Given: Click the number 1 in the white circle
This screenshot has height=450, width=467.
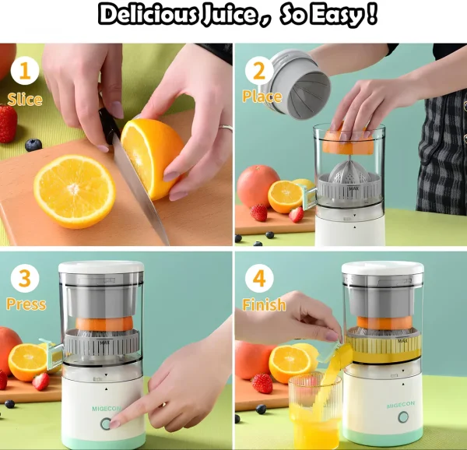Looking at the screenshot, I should point(24,72).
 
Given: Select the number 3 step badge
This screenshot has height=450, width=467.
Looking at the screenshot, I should point(24,278).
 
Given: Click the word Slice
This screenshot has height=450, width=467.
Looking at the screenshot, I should point(24,99).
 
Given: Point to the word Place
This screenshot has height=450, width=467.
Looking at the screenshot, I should point(262,97).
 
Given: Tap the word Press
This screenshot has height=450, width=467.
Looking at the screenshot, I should point(26,304).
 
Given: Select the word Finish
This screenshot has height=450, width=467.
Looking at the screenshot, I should point(264,304).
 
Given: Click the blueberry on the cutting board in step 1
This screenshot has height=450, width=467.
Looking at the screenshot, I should point(33,145).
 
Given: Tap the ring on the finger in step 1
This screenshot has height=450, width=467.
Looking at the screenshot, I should point(225,128).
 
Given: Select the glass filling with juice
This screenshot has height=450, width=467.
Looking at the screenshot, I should point(314,411).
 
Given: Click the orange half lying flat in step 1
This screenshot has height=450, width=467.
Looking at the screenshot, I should point(74,191).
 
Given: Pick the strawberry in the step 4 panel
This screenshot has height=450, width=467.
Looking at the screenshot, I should point(262,383).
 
